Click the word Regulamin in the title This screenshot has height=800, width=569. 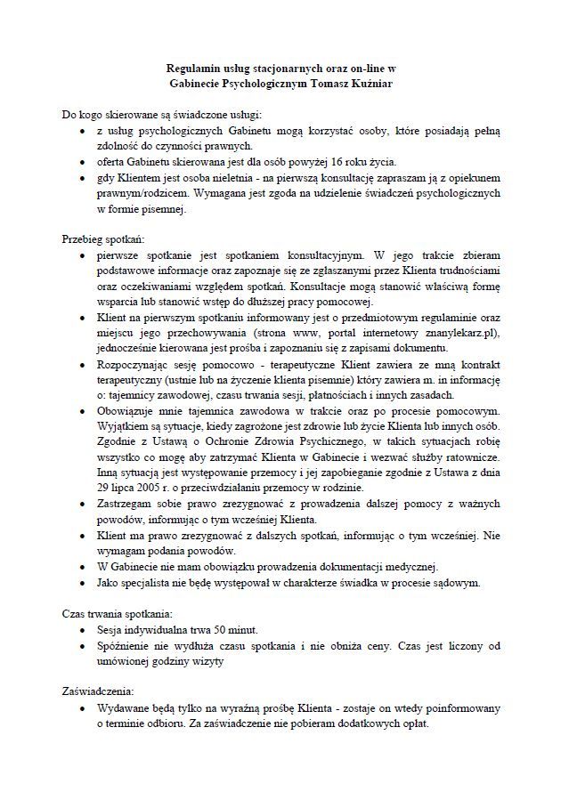[193, 68]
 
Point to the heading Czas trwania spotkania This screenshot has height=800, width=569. [116, 613]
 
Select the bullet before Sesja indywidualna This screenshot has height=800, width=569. [82, 630]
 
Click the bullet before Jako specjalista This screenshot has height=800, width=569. [82, 584]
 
